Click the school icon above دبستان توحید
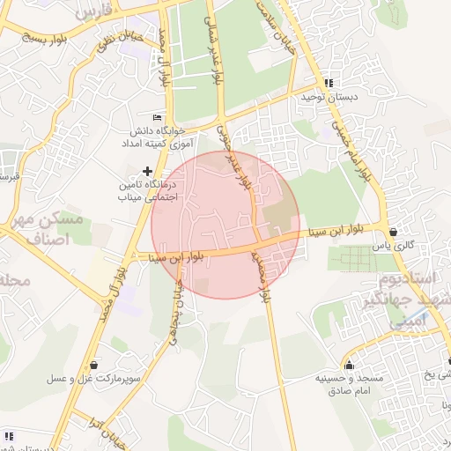click(x=329, y=83)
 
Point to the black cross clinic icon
click(x=146, y=170)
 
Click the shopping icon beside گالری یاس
click(x=392, y=232)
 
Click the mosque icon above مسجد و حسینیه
click(x=350, y=366)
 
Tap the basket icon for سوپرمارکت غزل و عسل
click(x=94, y=365)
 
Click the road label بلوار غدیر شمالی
click(x=215, y=51)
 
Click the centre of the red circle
click(x=226, y=225)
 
